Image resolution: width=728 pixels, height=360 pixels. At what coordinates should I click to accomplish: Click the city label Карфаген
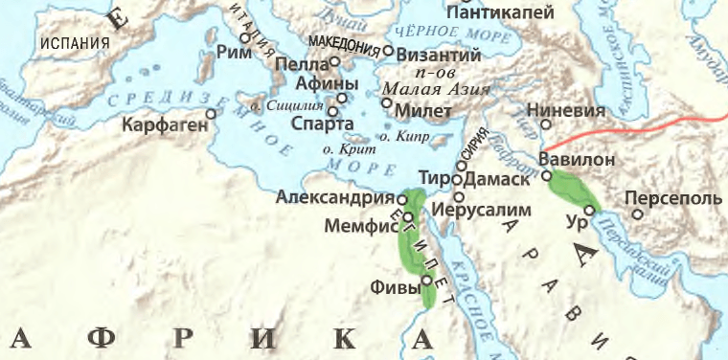click(x=164, y=125)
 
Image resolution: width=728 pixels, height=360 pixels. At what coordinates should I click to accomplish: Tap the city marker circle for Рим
click(x=245, y=39)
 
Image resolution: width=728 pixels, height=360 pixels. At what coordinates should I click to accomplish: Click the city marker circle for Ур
click(x=590, y=210)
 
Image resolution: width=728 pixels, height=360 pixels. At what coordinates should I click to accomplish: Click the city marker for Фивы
click(x=426, y=281)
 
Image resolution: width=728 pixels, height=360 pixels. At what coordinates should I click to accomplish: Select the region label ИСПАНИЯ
click(x=72, y=43)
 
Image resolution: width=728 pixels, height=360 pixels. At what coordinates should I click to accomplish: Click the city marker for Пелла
click(x=336, y=62)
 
